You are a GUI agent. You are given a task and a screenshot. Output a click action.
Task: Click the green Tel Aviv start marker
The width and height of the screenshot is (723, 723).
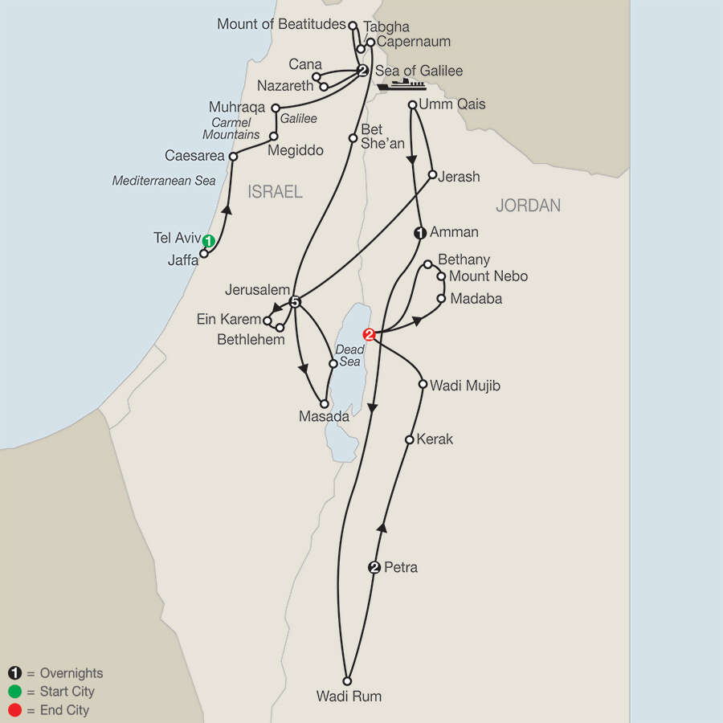[x=209, y=240]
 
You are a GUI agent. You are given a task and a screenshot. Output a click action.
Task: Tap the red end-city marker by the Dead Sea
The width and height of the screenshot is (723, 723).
[x=369, y=335]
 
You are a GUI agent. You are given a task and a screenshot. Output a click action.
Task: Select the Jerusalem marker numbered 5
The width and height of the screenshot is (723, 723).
[x=295, y=302]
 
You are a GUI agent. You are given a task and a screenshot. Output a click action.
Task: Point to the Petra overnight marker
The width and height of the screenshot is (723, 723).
[x=374, y=568]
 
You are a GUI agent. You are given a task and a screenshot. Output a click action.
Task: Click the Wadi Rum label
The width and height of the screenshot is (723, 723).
[x=349, y=696]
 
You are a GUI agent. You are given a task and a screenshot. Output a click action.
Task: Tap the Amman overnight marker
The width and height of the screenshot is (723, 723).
[x=419, y=233]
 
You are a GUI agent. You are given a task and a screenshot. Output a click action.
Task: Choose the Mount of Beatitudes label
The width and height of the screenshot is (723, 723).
[x=281, y=24]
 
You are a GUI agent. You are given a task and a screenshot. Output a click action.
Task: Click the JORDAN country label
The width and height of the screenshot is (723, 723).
[x=528, y=206]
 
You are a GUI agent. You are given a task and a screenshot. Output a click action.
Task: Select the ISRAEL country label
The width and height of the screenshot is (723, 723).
[x=275, y=191]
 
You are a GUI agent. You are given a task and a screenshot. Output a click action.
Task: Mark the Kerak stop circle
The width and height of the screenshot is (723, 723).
[x=410, y=439]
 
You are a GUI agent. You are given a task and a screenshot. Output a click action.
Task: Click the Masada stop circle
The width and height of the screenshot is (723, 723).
[x=325, y=404]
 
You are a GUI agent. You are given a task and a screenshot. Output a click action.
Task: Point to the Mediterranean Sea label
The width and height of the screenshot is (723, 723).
[x=164, y=181]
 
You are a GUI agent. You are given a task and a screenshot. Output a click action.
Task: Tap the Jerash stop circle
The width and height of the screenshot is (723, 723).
[x=432, y=175]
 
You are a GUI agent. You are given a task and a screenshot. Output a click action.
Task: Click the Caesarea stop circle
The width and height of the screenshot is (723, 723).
[x=233, y=157]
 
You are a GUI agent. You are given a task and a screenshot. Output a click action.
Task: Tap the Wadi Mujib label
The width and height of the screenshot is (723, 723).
[x=465, y=386]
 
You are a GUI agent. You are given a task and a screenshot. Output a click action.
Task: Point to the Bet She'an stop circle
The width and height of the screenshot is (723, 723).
[x=352, y=138]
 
